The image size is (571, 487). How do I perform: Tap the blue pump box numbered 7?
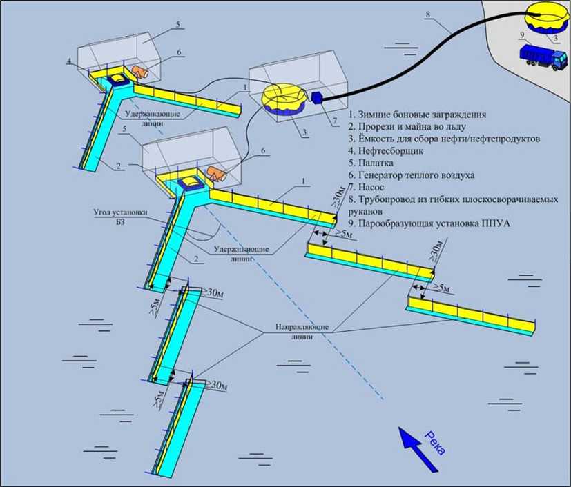click(x=318, y=98)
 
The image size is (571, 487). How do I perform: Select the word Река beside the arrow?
click(x=433, y=441)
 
